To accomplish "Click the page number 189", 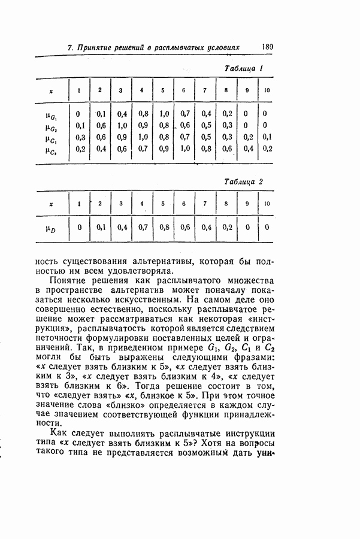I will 267,46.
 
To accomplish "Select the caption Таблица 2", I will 244,181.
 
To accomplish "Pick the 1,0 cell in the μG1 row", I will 164,113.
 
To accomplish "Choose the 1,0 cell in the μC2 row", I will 184,149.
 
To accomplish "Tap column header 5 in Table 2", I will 163,204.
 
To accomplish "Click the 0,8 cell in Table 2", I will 164,227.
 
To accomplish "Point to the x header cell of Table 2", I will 51,204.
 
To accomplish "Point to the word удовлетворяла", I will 125,271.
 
